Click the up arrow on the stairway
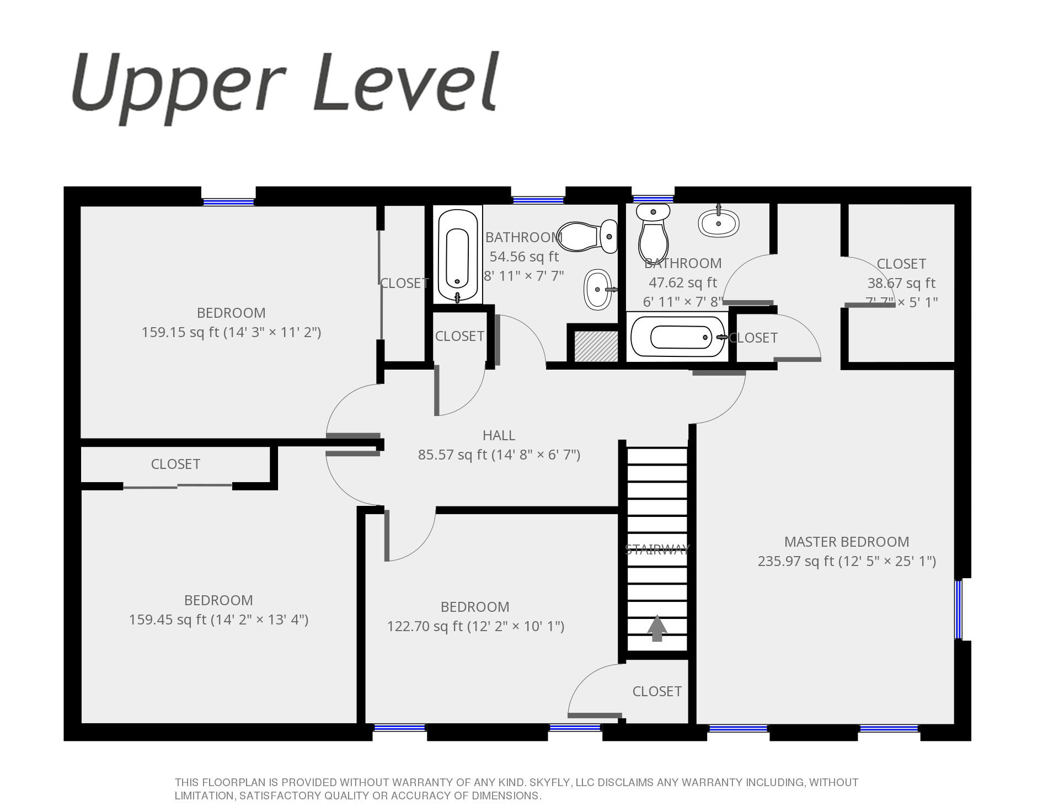657,628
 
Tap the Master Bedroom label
847,542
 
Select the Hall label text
499,435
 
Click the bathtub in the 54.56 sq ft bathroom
458,254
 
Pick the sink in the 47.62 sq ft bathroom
719,222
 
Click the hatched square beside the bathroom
596,346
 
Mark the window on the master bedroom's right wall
958,609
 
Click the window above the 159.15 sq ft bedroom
228,202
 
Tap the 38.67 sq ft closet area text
901,283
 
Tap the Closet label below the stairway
657,691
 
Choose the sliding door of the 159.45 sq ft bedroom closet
177,486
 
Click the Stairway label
657,549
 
